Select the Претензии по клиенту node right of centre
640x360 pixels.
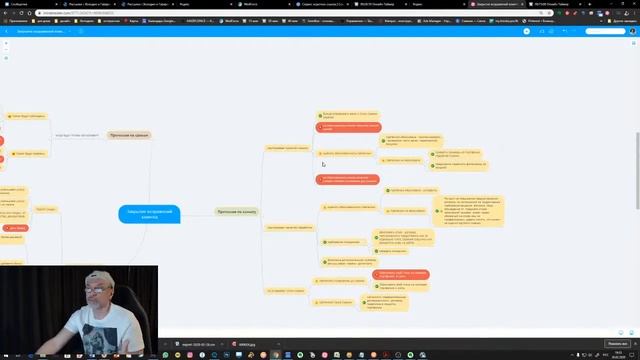236,211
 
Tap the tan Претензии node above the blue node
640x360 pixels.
129,134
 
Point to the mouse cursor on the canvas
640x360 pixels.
322,164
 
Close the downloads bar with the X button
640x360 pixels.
634,343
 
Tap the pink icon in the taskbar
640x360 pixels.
286,355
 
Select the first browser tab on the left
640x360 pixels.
20,4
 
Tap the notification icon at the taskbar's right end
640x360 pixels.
634,355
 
